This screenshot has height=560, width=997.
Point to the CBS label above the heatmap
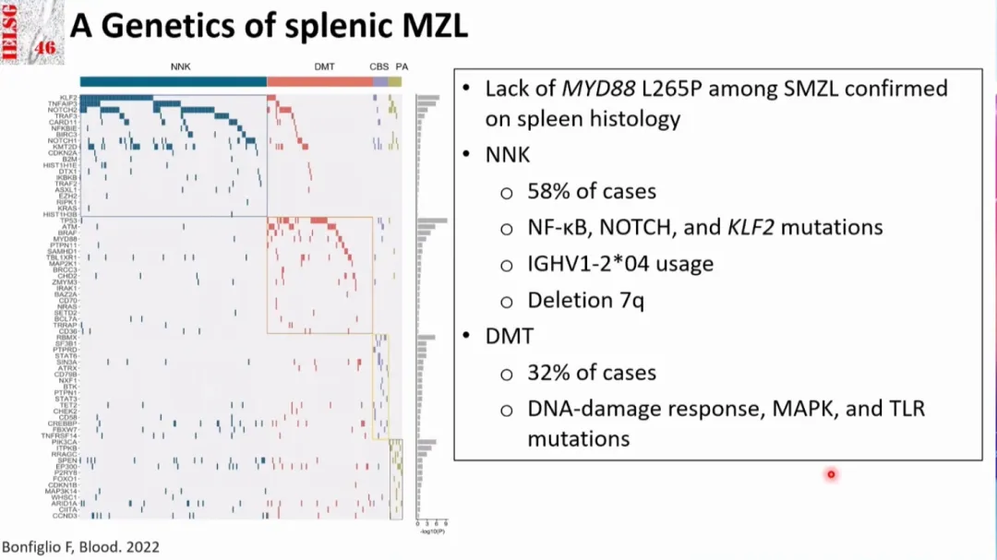coord(378,67)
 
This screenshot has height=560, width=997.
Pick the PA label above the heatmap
coord(402,67)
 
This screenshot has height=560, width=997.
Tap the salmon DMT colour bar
coord(319,82)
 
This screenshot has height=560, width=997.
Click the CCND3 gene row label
coord(66,516)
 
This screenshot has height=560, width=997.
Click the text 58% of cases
coord(592,191)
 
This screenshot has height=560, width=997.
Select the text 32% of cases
coord(592,373)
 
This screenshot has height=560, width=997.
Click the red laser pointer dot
coord(831,474)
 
